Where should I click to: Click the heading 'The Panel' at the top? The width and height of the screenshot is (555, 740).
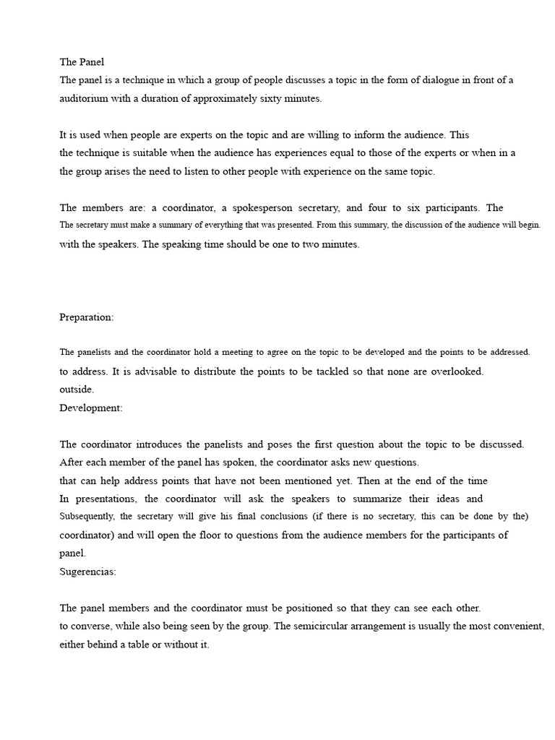[82, 62]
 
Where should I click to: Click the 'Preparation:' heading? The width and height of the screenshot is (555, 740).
[86, 317]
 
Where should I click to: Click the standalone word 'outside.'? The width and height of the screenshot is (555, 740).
[77, 389]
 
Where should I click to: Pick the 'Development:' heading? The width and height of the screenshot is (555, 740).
[91, 408]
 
